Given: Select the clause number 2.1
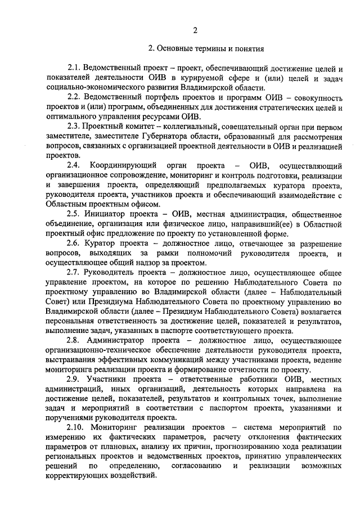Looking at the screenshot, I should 74,69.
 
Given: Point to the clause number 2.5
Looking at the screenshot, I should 74,214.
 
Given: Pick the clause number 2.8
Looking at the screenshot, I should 74,340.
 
